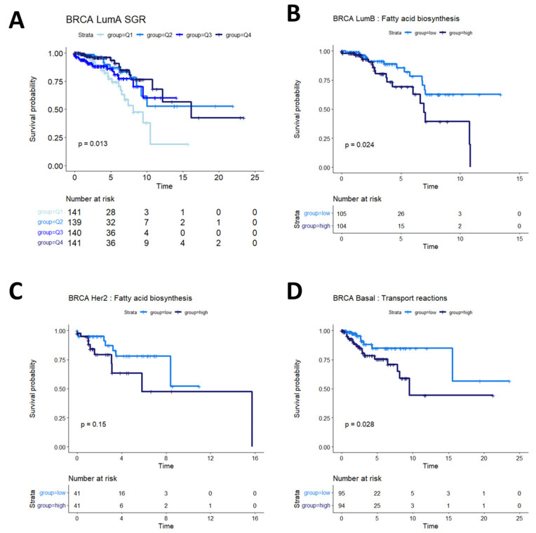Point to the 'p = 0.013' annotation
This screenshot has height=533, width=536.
(x=93, y=143)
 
